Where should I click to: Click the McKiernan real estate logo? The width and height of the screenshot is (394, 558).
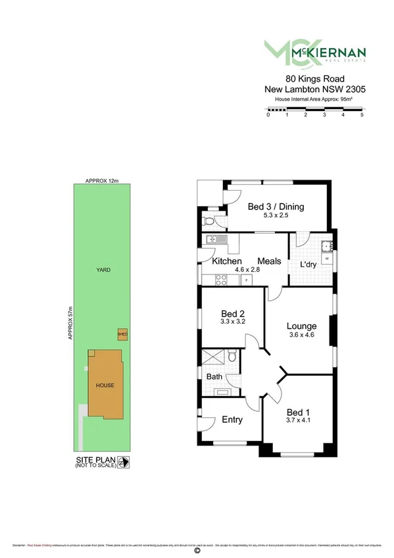(x=314, y=53)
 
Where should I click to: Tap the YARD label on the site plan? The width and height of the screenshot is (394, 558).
(x=103, y=270)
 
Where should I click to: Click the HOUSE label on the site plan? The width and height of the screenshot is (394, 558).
(x=104, y=385)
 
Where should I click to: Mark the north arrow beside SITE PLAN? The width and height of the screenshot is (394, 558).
(x=122, y=463)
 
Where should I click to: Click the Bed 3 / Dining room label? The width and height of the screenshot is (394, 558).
(x=276, y=207)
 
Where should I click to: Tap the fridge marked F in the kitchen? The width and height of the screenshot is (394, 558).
(x=247, y=281)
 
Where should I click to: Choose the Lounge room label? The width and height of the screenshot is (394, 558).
(x=301, y=326)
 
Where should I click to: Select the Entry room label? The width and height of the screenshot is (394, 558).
(x=232, y=420)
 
